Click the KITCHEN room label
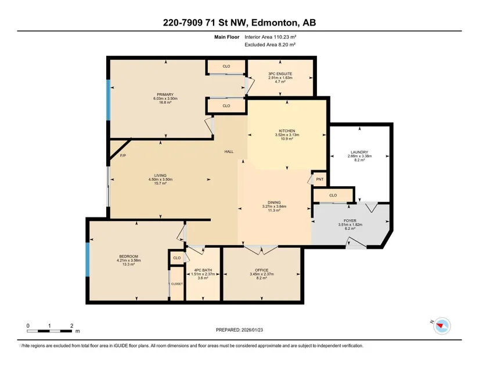click(287, 131)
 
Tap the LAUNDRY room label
click(359, 152)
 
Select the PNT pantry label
click(319, 179)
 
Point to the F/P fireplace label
click(123, 155)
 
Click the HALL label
click(229, 151)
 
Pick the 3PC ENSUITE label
click(280, 74)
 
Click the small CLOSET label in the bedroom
click(177, 284)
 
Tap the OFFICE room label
click(261, 270)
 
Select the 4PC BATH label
click(203, 270)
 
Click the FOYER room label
click(350, 220)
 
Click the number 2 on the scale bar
click(72, 326)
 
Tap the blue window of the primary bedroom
click(108, 100)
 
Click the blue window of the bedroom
click(87, 259)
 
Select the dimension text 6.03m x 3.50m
click(165, 99)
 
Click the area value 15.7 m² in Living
click(160, 183)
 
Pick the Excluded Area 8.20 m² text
click(270, 45)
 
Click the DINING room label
click(274, 202)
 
